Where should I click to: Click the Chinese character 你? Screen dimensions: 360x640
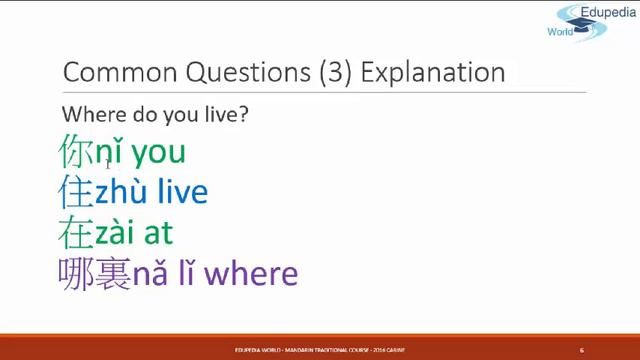[x=76, y=152]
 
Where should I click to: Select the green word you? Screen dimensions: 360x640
[x=158, y=154]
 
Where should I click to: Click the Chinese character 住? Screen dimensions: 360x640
[x=76, y=192]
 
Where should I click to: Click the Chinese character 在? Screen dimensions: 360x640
[x=76, y=232]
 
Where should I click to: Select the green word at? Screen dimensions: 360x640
[x=159, y=233]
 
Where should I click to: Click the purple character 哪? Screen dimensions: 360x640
[x=76, y=273]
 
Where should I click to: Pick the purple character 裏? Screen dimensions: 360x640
[x=113, y=273]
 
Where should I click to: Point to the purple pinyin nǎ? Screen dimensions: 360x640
[x=149, y=274]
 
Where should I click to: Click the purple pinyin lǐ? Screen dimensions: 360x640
[x=188, y=273]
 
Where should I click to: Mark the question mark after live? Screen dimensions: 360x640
[x=243, y=114]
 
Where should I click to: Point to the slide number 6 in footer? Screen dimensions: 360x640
[x=581, y=350]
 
